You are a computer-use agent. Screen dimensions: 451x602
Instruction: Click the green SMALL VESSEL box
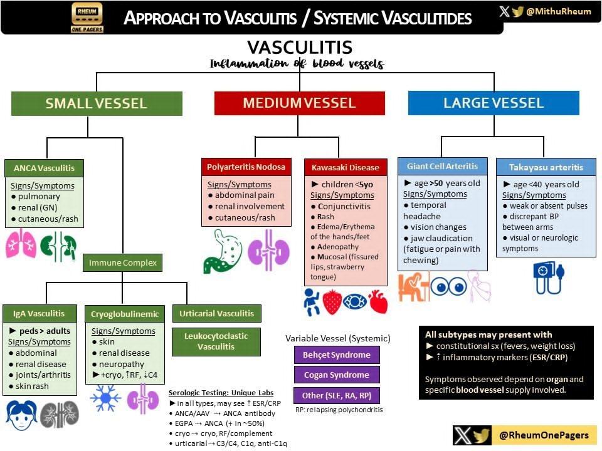[x=96, y=103]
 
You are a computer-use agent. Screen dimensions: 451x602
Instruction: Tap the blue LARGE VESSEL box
[x=494, y=103]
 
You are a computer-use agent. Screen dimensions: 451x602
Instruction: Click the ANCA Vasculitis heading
[x=44, y=168]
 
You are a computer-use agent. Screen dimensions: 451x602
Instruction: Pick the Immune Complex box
[x=122, y=263]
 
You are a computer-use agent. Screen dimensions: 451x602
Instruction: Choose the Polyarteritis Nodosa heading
[x=246, y=167]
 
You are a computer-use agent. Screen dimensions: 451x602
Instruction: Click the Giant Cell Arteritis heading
[x=442, y=166]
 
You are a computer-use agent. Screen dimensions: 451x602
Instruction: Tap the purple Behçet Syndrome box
[x=337, y=355]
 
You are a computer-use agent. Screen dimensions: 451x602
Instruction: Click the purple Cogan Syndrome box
[x=337, y=375]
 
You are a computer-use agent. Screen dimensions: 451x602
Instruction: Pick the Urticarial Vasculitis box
[x=216, y=313]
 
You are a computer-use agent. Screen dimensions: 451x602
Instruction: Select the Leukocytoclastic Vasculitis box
[x=216, y=341]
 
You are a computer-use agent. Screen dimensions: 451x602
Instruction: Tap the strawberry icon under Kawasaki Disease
[x=333, y=302]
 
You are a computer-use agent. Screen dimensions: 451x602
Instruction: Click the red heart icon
[x=378, y=302]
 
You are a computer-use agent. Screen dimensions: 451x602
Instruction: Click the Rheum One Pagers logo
[x=87, y=17]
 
